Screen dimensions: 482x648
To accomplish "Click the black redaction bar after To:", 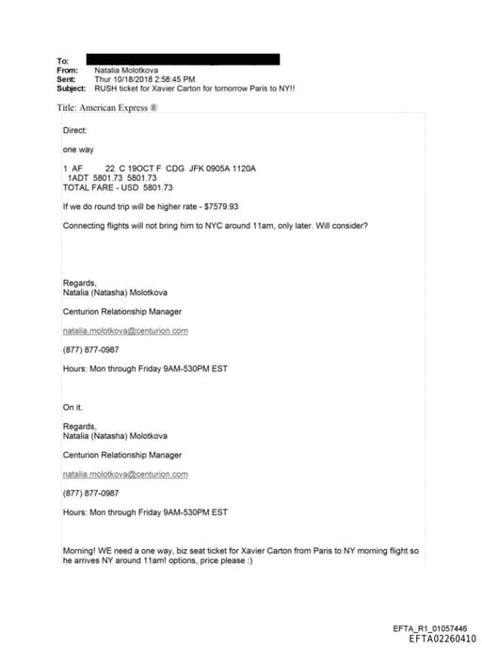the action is coord(183,59).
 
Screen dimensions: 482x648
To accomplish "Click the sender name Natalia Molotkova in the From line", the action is coord(128,70).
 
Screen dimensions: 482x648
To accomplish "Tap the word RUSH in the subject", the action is coord(106,89).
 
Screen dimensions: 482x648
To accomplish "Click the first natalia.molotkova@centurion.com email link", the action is coord(125,331).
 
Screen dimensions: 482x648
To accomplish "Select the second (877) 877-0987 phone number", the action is coord(90,493).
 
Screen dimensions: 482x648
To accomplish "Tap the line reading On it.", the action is coord(73,407).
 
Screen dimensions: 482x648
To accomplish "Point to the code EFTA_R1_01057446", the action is coord(429,627).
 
